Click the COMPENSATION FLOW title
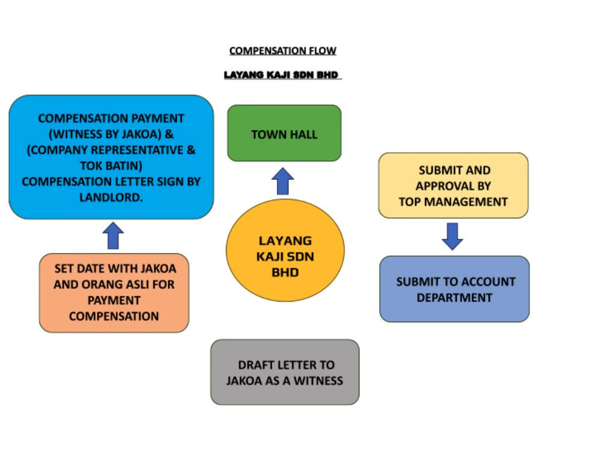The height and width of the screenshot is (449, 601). click(282, 51)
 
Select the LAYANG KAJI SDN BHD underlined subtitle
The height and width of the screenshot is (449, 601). click(281, 76)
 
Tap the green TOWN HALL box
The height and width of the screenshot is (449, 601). click(284, 133)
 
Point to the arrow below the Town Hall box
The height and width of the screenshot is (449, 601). click(282, 181)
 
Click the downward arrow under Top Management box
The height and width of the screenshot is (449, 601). click(452, 236)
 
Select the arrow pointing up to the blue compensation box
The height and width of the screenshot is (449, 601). click(113, 236)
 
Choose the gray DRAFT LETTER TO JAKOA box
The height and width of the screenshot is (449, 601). click(284, 372)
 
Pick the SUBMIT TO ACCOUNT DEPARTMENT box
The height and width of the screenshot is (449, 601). click(454, 289)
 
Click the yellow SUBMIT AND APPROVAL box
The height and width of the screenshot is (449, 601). click(453, 185)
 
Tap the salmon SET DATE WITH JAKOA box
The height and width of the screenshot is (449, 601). click(114, 293)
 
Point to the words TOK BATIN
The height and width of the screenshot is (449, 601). click(111, 166)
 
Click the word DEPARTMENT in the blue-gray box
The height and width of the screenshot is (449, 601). click(454, 298)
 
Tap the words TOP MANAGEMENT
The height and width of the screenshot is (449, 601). click(453, 202)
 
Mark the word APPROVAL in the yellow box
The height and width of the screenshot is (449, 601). click(453, 186)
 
